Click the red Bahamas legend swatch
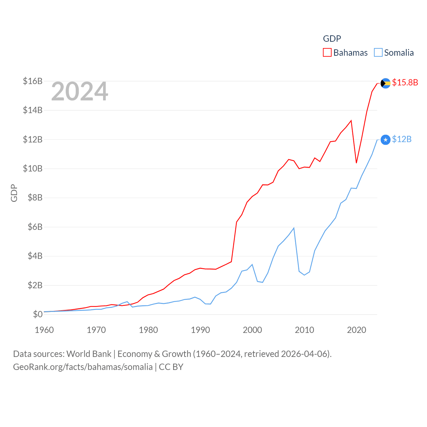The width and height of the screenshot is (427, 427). point(327,53)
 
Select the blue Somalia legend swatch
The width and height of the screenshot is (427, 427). point(378,53)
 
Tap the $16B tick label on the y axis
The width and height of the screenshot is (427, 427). point(33,81)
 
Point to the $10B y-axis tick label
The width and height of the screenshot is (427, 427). point(33,168)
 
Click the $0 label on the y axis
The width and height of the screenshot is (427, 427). point(38,314)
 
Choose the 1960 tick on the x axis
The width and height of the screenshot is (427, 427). point(44,330)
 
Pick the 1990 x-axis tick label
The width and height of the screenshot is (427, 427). point(200,330)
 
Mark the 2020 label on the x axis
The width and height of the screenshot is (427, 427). point(356,330)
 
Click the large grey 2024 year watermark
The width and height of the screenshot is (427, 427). point(79,91)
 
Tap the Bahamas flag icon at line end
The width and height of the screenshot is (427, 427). point(385,83)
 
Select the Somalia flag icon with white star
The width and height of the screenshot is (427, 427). point(385,140)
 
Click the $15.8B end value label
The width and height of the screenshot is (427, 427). point(405,82)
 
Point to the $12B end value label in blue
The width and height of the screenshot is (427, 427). point(402,139)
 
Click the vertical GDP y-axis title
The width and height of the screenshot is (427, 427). point(14,193)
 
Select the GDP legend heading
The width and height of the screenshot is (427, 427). point(332,39)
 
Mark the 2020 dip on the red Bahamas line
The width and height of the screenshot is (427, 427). point(356,163)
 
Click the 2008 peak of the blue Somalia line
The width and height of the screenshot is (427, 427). point(294,228)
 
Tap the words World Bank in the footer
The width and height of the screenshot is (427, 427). point(89,354)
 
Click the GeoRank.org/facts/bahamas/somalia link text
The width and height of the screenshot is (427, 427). point(83,367)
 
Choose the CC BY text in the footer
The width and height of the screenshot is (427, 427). point(171,367)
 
